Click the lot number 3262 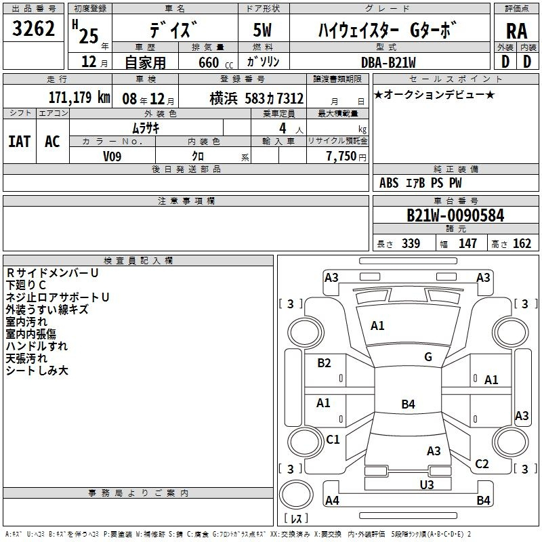click(x=33, y=28)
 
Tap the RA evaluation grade click(x=517, y=31)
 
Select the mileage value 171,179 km click(x=79, y=98)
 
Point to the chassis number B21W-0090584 click(x=455, y=215)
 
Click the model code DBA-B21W click(x=388, y=62)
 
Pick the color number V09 click(x=112, y=157)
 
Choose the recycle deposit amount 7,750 click(x=341, y=156)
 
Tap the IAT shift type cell click(x=20, y=141)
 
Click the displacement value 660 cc click(x=215, y=62)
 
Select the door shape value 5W click(x=262, y=30)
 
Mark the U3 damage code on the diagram click(x=427, y=484)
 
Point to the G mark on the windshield click(x=428, y=356)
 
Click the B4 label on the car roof click(x=408, y=404)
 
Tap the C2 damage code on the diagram click(x=482, y=463)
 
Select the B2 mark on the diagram click(x=324, y=362)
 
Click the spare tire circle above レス click(x=296, y=495)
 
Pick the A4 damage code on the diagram click(x=332, y=500)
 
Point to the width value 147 click(x=467, y=243)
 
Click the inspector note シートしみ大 click(x=37, y=371)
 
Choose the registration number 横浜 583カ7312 click(x=257, y=98)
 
